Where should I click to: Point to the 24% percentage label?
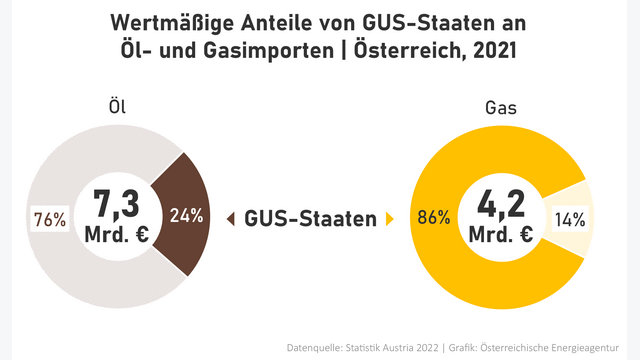186,215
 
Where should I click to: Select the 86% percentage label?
432,218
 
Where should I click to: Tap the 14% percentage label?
569,218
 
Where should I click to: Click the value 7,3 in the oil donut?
116,204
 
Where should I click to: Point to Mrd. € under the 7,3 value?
116,237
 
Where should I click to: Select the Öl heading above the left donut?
118,104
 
